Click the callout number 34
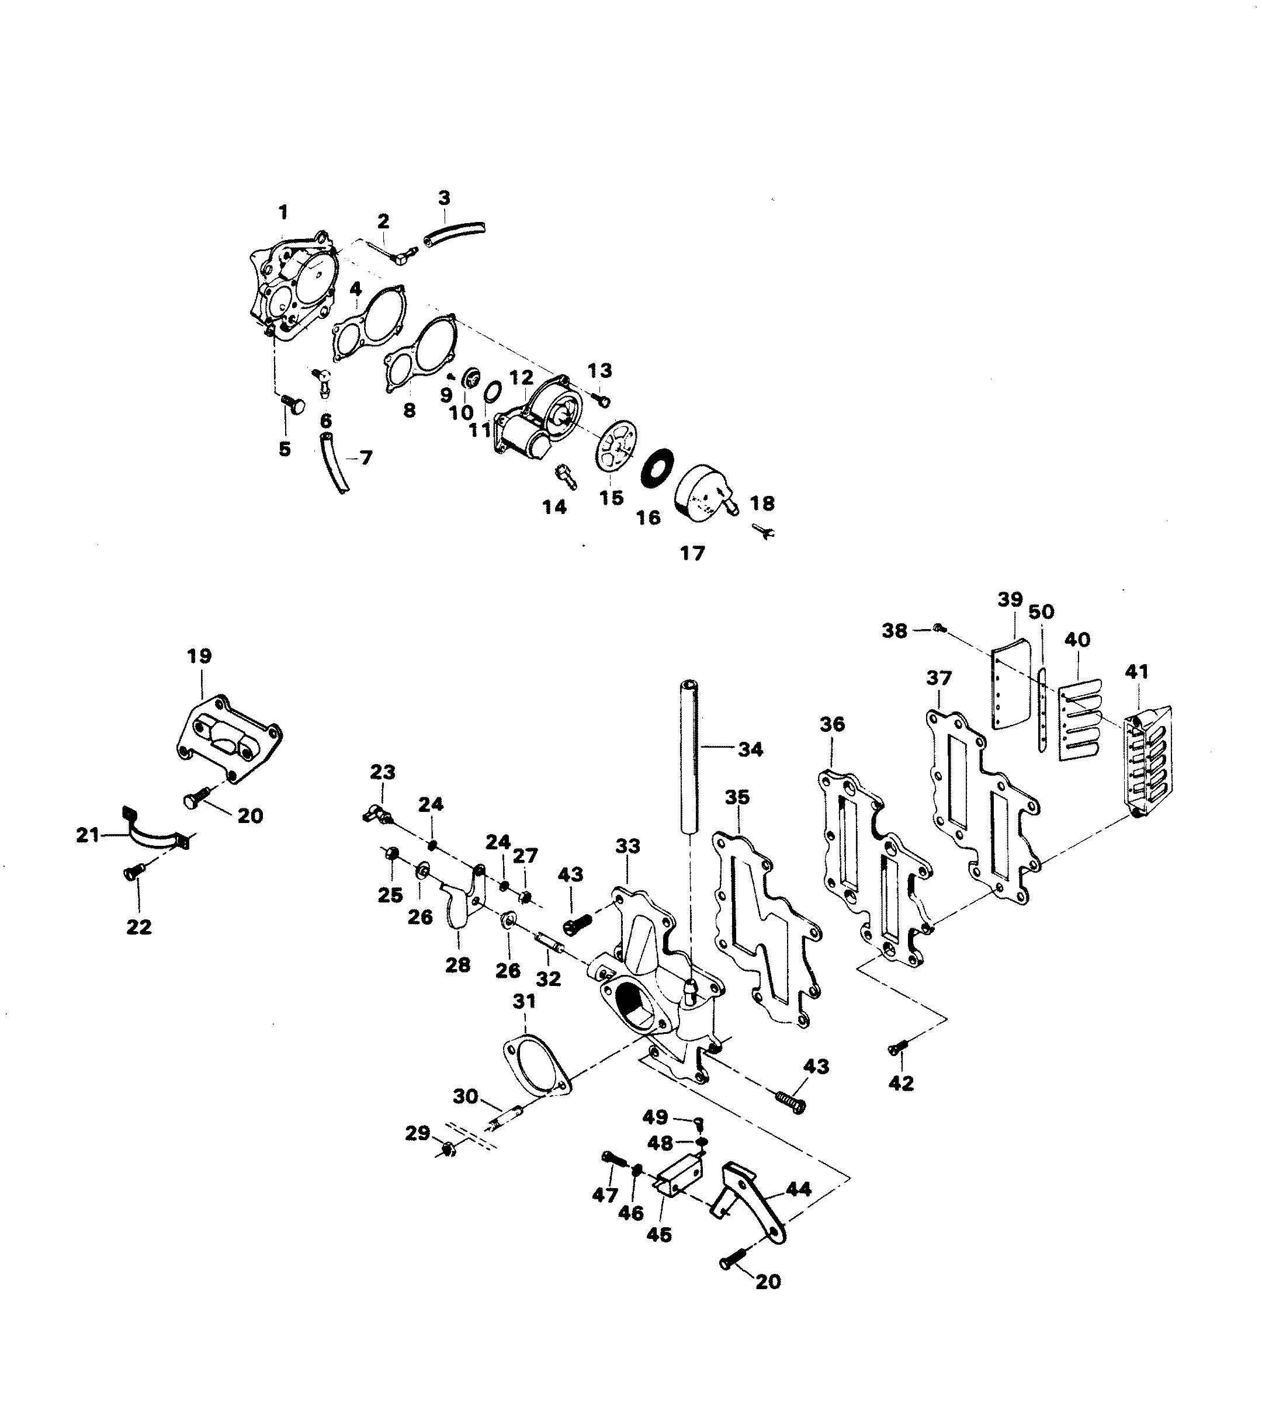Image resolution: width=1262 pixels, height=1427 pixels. [x=750, y=750]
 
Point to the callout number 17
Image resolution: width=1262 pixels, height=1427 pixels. [x=692, y=554]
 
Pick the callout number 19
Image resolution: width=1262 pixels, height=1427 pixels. [x=199, y=656]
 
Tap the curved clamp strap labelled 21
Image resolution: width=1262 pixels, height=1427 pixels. [x=154, y=836]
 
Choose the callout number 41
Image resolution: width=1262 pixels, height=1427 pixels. [x=1136, y=672]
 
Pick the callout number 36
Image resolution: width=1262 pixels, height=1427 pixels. [x=832, y=724]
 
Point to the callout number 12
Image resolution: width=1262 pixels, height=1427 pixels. [x=521, y=378]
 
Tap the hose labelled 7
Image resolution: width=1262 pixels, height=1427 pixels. [x=333, y=463]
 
